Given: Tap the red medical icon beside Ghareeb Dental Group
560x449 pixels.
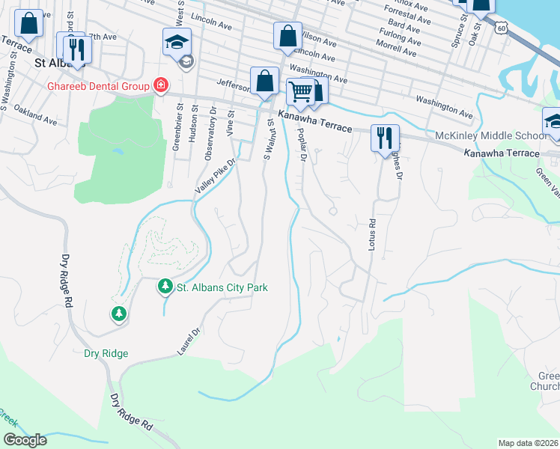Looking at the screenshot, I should coord(160,86).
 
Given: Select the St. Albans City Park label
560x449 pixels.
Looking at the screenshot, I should coord(222,287).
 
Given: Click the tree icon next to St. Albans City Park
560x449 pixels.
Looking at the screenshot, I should coord(165,287).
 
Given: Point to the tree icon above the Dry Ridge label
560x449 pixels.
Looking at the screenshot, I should coord(118,314).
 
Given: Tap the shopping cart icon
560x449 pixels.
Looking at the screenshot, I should coord(299,93).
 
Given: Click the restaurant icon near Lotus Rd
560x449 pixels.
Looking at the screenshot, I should coord(385,138).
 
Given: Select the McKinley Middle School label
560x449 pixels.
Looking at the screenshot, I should coord(491,136).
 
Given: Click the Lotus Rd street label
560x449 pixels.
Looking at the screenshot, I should coord(371,233).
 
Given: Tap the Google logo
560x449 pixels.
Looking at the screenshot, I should coord(24,440).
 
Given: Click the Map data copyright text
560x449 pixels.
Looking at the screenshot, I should coord(528,443).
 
